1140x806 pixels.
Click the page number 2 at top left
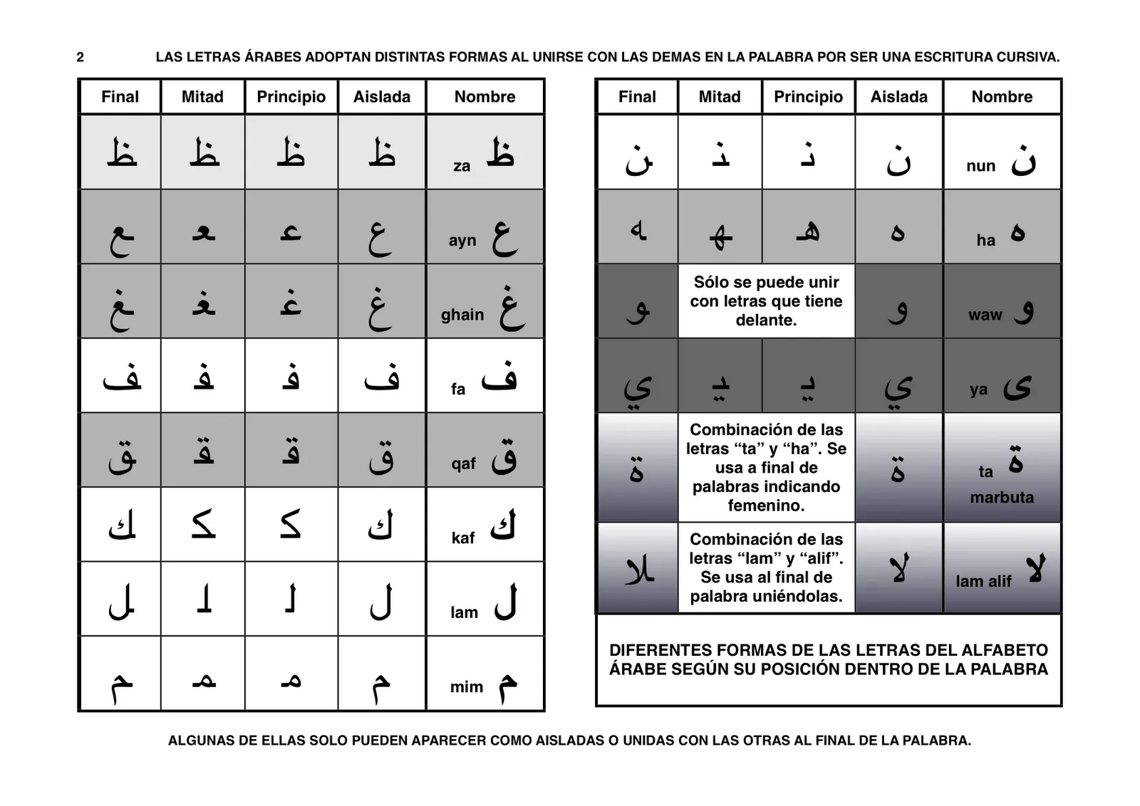[80, 57]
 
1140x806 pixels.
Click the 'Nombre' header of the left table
[484, 97]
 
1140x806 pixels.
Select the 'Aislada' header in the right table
[898, 97]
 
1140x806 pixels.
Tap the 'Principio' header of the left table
[291, 97]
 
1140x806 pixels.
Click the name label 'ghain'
[462, 315]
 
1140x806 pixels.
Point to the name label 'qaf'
[463, 464]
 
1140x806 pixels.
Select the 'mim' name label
[466, 687]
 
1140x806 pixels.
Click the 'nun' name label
[980, 166]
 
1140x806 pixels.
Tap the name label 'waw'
[985, 315]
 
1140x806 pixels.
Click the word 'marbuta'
[1001, 498]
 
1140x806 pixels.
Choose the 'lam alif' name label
[983, 582]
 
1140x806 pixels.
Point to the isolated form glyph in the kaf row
[380, 526]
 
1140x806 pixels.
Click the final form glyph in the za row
[121, 153]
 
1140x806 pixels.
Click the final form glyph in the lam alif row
[638, 568]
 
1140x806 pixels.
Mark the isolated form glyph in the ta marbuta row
[898, 466]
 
